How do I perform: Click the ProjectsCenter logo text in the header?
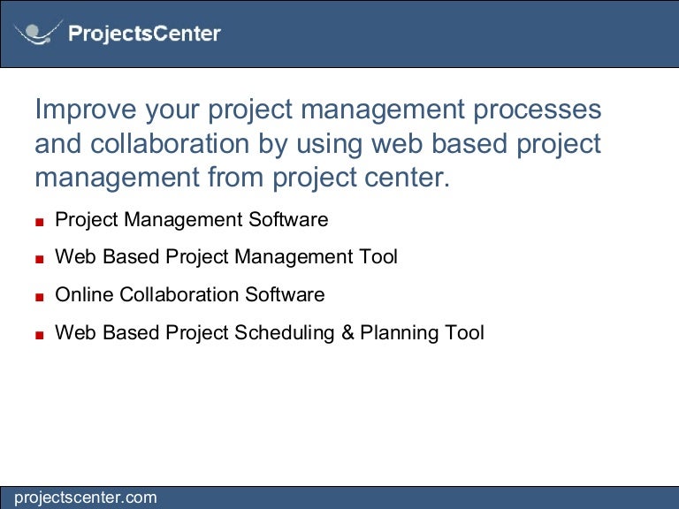144,34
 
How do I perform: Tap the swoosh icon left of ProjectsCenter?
38,34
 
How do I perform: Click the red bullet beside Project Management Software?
40,222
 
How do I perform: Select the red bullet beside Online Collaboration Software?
40,297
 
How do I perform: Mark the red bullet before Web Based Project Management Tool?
40,260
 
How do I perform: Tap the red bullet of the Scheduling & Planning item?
40,335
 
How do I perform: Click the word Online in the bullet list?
84,294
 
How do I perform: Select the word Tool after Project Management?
378,256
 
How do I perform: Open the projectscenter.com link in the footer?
85,498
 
